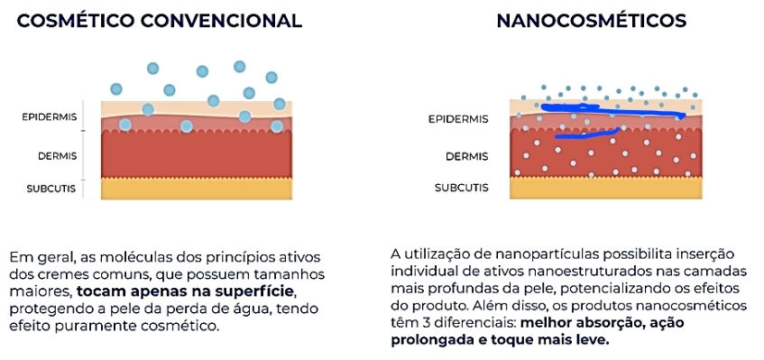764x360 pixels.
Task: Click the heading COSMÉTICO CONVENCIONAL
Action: point(160,21)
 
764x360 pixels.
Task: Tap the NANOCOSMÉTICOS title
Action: point(592,21)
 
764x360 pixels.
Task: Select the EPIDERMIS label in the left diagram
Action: point(50,117)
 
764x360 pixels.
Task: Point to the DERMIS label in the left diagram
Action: point(58,156)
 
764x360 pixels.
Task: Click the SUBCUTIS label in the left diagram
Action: point(51,189)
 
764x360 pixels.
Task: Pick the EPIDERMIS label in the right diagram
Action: point(458,119)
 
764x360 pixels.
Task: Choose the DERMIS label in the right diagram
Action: point(466,156)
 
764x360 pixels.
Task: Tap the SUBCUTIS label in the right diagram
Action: point(462,188)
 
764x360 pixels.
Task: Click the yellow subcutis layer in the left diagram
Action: point(197,189)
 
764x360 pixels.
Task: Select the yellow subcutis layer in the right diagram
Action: point(605,188)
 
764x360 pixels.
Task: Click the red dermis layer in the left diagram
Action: point(197,154)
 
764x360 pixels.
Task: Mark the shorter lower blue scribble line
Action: point(586,134)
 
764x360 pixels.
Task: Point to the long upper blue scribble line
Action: point(613,112)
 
